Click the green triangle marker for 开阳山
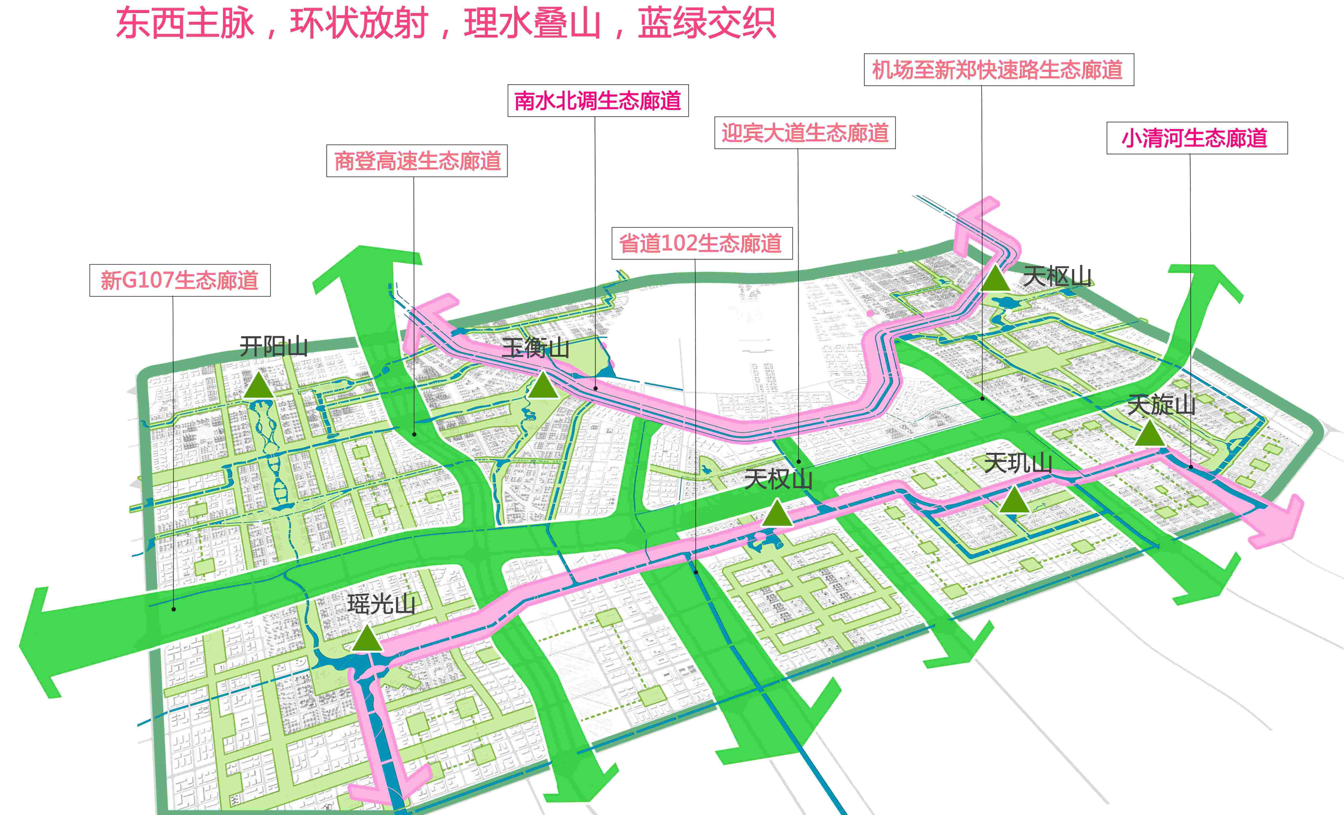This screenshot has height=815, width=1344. (258, 385)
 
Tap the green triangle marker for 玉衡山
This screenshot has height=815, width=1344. (543, 385)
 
